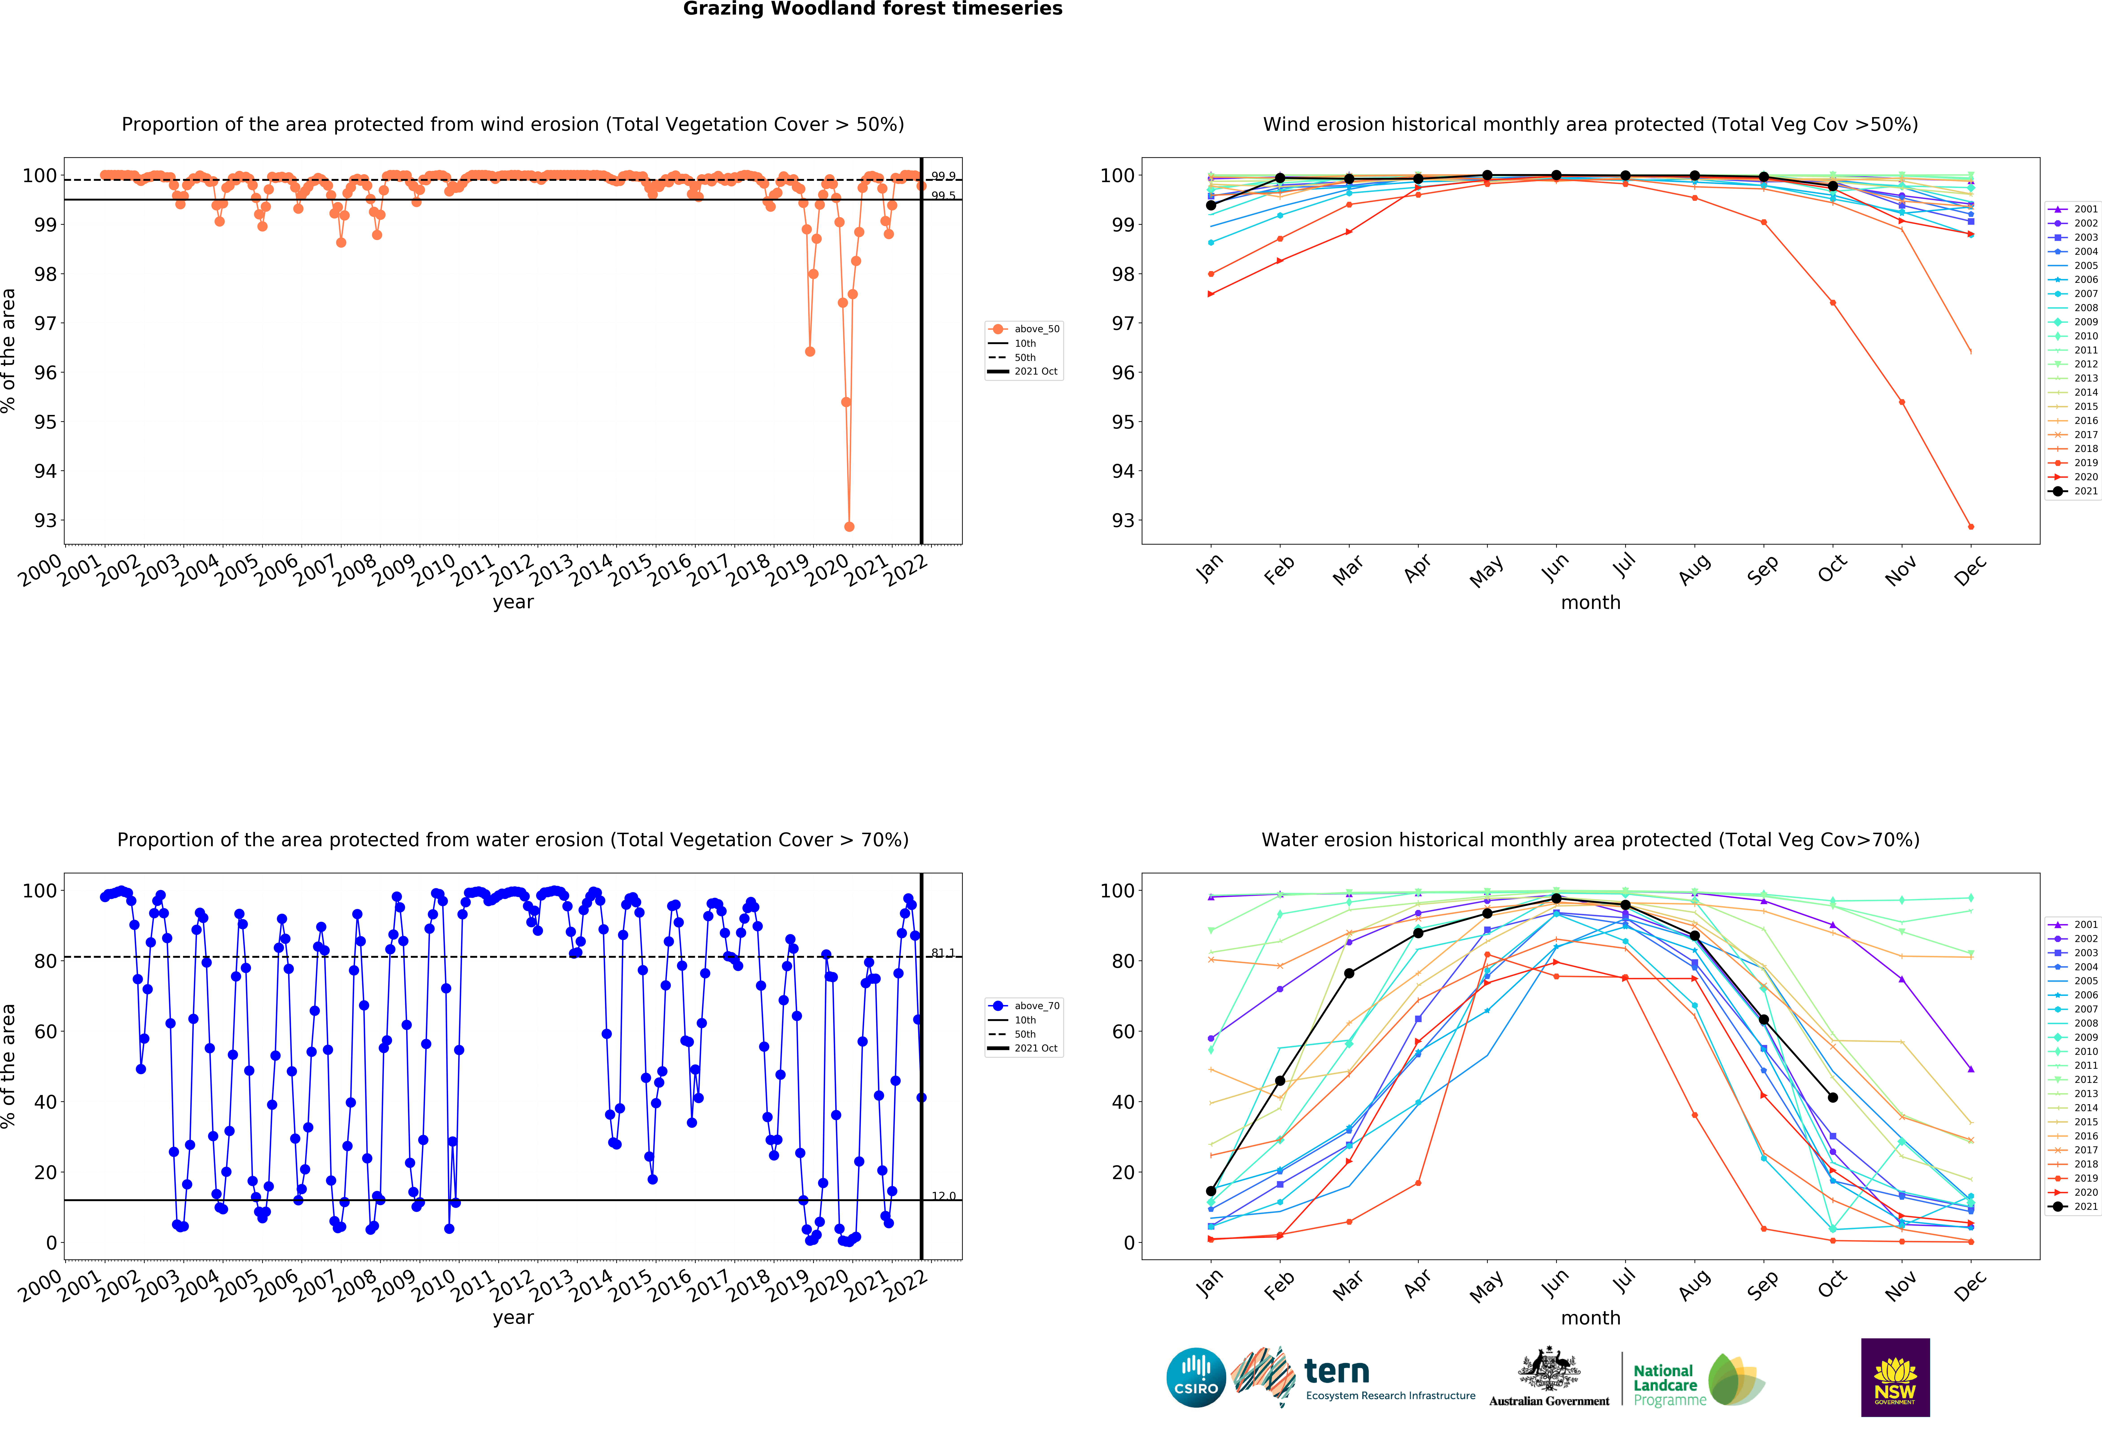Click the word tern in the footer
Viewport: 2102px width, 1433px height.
pyautogui.click(x=1337, y=1372)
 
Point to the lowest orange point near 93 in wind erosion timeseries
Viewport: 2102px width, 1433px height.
pyautogui.click(x=848, y=526)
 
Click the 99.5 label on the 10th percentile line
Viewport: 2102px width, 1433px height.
pyautogui.click(x=943, y=195)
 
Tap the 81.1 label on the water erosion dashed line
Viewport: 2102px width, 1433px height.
pyautogui.click(x=943, y=953)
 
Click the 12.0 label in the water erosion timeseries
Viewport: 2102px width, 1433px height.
pyautogui.click(x=943, y=1196)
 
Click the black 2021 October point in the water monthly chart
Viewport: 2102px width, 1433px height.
pyautogui.click(x=1832, y=1097)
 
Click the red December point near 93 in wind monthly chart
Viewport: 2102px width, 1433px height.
pyautogui.click(x=1971, y=526)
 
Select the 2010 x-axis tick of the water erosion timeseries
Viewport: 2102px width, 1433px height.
pyautogui.click(x=433, y=1285)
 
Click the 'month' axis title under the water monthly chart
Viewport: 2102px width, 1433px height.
pyautogui.click(x=1590, y=1318)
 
